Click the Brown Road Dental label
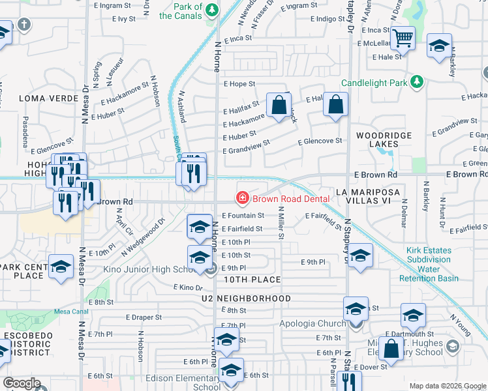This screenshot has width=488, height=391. [284, 198]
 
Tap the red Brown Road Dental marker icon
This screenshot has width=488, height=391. [242, 197]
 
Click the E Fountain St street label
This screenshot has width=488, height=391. [243, 215]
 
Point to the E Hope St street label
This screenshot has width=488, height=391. [239, 84]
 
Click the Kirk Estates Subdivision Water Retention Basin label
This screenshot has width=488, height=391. [429, 264]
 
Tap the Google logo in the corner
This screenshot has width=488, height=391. [22, 383]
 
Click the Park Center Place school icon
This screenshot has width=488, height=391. [61, 267]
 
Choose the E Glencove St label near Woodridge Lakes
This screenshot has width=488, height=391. [320, 141]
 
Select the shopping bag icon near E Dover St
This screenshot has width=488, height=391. [391, 349]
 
